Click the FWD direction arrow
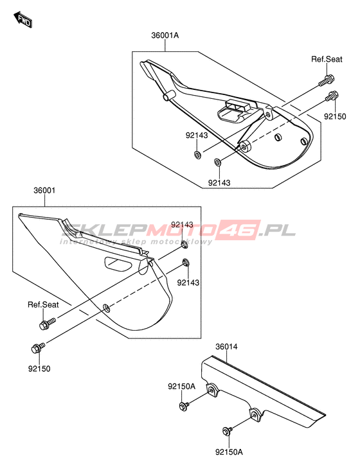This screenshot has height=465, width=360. pyautogui.click(x=22, y=19)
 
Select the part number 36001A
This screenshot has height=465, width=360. pyautogui.click(x=165, y=35)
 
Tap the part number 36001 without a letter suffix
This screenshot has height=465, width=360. pyautogui.click(x=44, y=190)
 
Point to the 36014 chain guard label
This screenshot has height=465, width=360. pyautogui.click(x=226, y=346)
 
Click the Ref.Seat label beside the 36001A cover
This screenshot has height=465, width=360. pyautogui.click(x=327, y=59)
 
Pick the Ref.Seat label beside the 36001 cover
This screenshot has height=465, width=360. pyautogui.click(x=43, y=304)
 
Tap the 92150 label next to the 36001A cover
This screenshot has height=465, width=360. pyautogui.click(x=335, y=116)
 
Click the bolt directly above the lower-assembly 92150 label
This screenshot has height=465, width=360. pyautogui.click(x=38, y=347)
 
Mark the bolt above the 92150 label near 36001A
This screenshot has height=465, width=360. pyautogui.click(x=332, y=96)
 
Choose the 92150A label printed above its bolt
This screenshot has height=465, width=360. pyautogui.click(x=182, y=387)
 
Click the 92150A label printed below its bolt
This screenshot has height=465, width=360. pyautogui.click(x=229, y=452)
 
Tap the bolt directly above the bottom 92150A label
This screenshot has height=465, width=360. pyautogui.click(x=228, y=431)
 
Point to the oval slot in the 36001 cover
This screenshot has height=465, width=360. pyautogui.click(x=118, y=263)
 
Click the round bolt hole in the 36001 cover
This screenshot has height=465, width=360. pyautogui.click(x=106, y=308)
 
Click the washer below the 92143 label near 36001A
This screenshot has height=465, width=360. pyautogui.click(x=197, y=155)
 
